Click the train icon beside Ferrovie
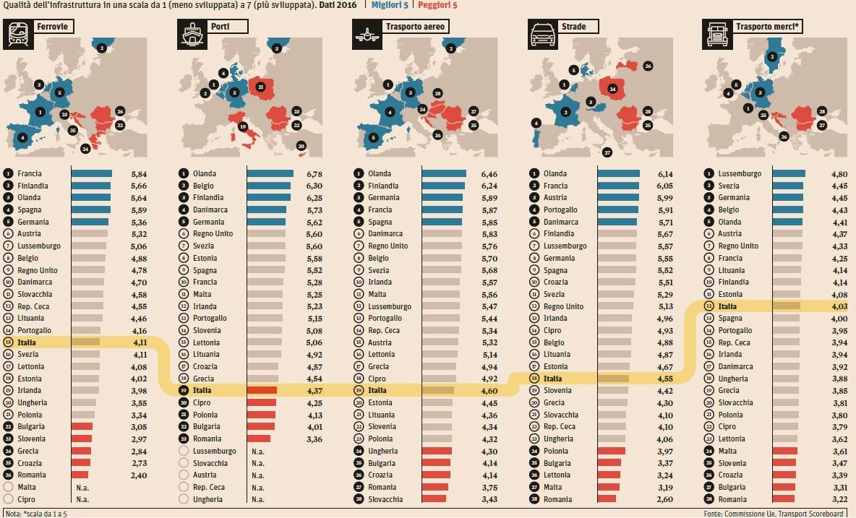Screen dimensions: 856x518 coord(18,34)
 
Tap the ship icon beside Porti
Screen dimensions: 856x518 coord(192,34)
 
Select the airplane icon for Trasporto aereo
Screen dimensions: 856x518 coord(367,34)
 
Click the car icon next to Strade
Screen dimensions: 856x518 coord(543,34)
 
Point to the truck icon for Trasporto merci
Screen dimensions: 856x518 coord(716,34)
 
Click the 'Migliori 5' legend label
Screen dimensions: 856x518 coord(390,5)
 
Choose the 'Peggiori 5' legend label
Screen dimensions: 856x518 coord(437,5)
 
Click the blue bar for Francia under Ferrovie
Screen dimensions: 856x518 coord(92,173)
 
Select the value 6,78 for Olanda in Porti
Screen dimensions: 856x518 coord(314,174)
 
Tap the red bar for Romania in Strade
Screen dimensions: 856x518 coord(607,499)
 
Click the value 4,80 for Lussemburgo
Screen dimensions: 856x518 coord(839,174)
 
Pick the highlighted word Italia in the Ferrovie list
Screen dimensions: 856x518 coord(27,342)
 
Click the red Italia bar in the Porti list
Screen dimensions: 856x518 coord(262,390)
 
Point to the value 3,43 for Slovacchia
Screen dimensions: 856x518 coord(489,499)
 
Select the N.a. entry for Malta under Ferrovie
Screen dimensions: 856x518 coord(82,488)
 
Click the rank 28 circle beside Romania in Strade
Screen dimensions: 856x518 coord(534,499)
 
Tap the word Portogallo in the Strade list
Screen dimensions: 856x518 coord(560,210)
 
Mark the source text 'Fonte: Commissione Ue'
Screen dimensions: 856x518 coord(739,514)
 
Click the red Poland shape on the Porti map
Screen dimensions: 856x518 coord(262,88)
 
